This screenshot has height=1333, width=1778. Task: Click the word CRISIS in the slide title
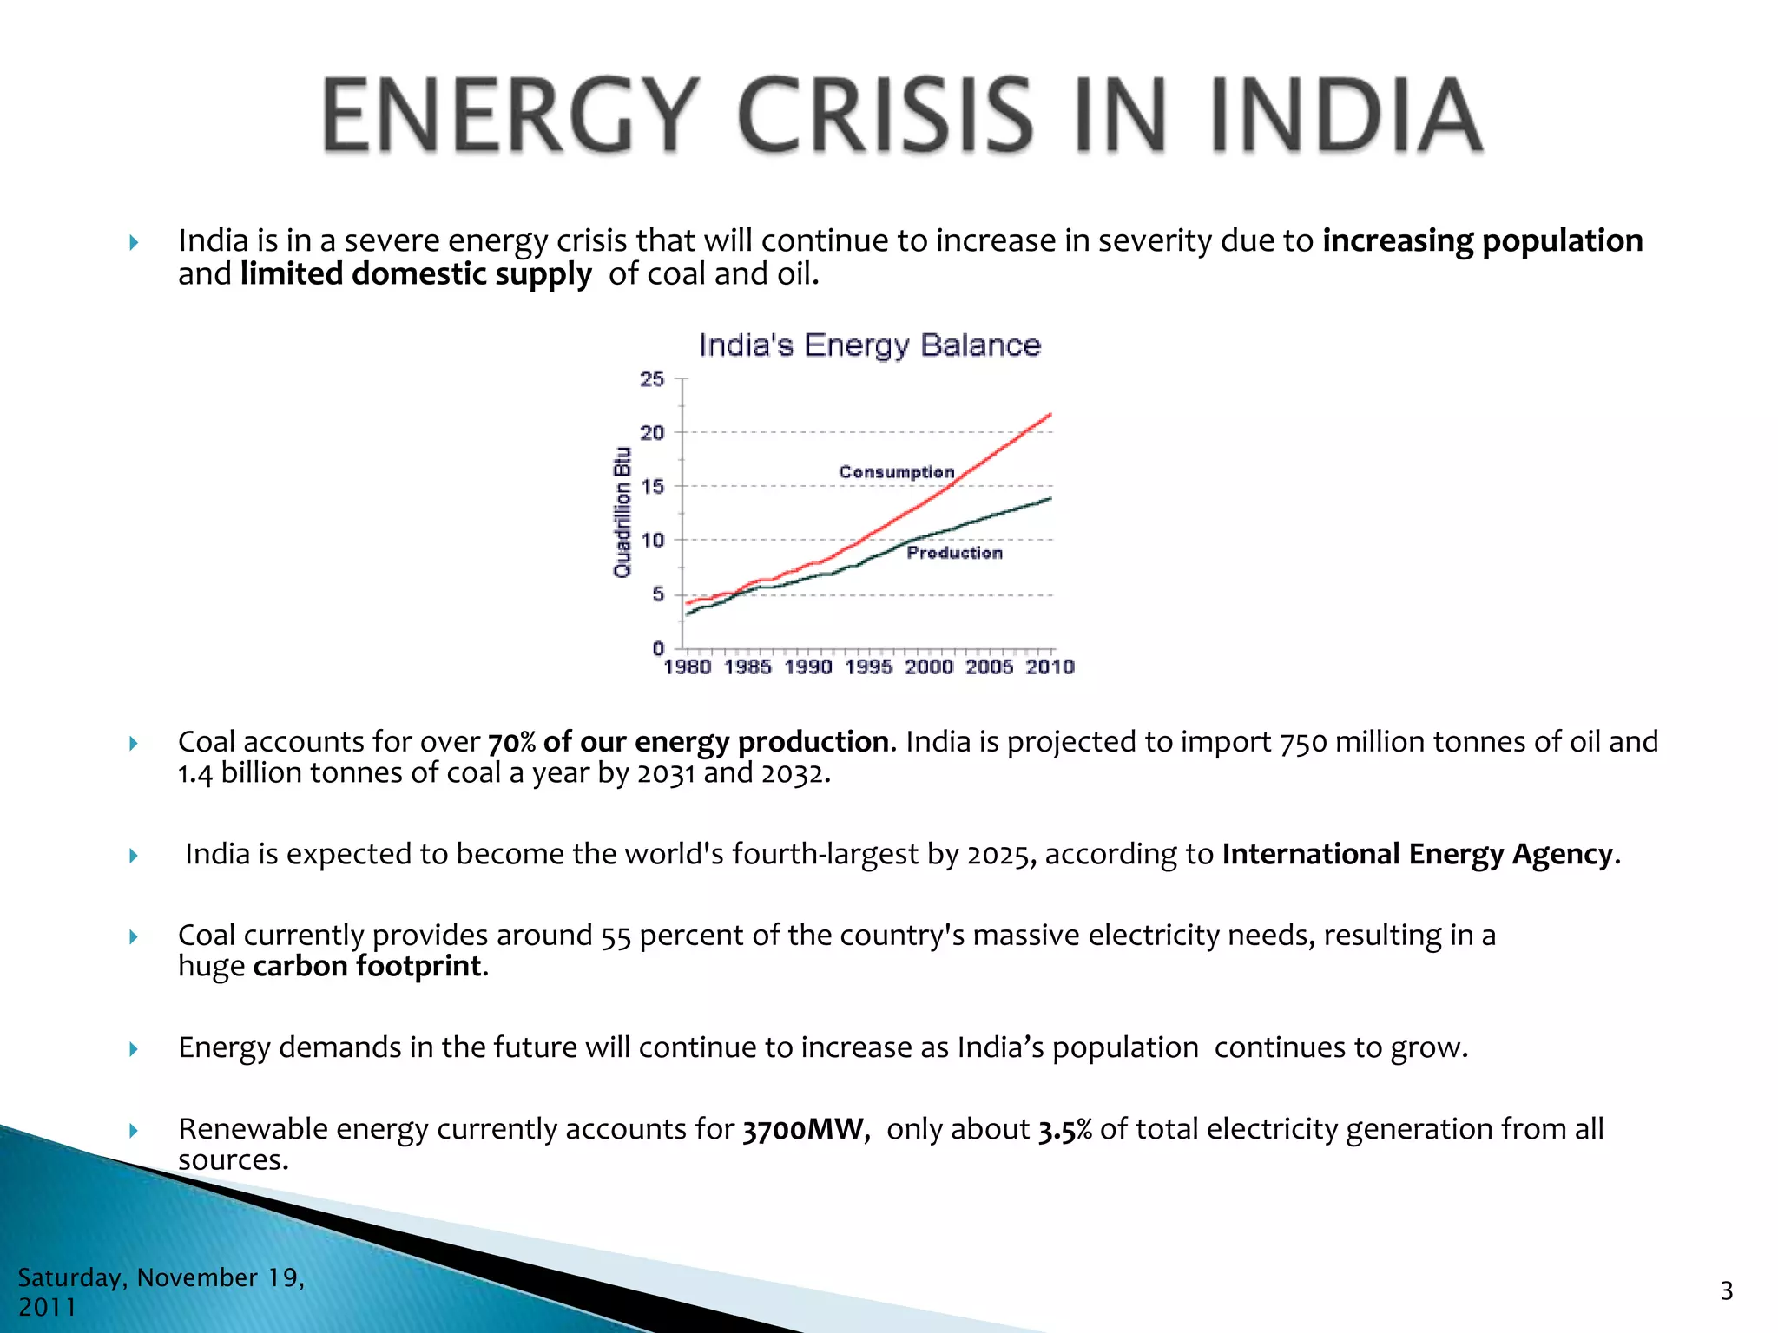(x=886, y=115)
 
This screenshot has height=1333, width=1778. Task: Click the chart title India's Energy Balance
(x=869, y=345)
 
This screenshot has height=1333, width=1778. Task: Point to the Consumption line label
(x=896, y=472)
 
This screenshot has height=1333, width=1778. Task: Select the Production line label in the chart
(x=954, y=553)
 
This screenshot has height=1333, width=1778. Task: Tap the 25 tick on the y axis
(x=652, y=379)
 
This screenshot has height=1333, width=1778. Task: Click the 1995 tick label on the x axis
(x=868, y=667)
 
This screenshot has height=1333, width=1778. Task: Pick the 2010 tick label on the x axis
(x=1050, y=667)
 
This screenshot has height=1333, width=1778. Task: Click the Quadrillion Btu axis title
(x=622, y=512)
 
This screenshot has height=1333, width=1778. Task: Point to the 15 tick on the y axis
(x=652, y=487)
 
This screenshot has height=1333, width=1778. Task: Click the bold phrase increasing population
(x=1482, y=240)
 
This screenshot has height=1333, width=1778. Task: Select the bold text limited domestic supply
(x=416, y=274)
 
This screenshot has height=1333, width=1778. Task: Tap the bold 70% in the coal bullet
(x=511, y=743)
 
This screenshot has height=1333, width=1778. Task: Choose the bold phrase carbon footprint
(x=368, y=967)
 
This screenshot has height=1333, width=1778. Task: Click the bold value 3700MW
(x=804, y=1130)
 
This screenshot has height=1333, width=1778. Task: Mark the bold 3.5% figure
(x=1064, y=1130)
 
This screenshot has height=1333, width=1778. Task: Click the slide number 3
(x=1726, y=1291)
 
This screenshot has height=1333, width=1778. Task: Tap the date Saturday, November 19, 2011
(x=161, y=1291)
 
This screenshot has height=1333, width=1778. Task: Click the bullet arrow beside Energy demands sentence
(x=134, y=1049)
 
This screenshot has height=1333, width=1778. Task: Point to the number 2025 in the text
(x=1001, y=855)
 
